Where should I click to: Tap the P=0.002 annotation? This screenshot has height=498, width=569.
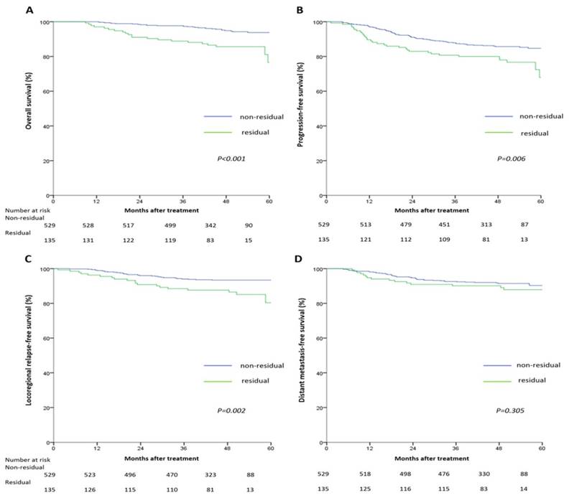[231, 410]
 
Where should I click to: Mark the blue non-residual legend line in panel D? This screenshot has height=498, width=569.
[497, 365]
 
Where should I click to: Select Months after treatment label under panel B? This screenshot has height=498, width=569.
[433, 210]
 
